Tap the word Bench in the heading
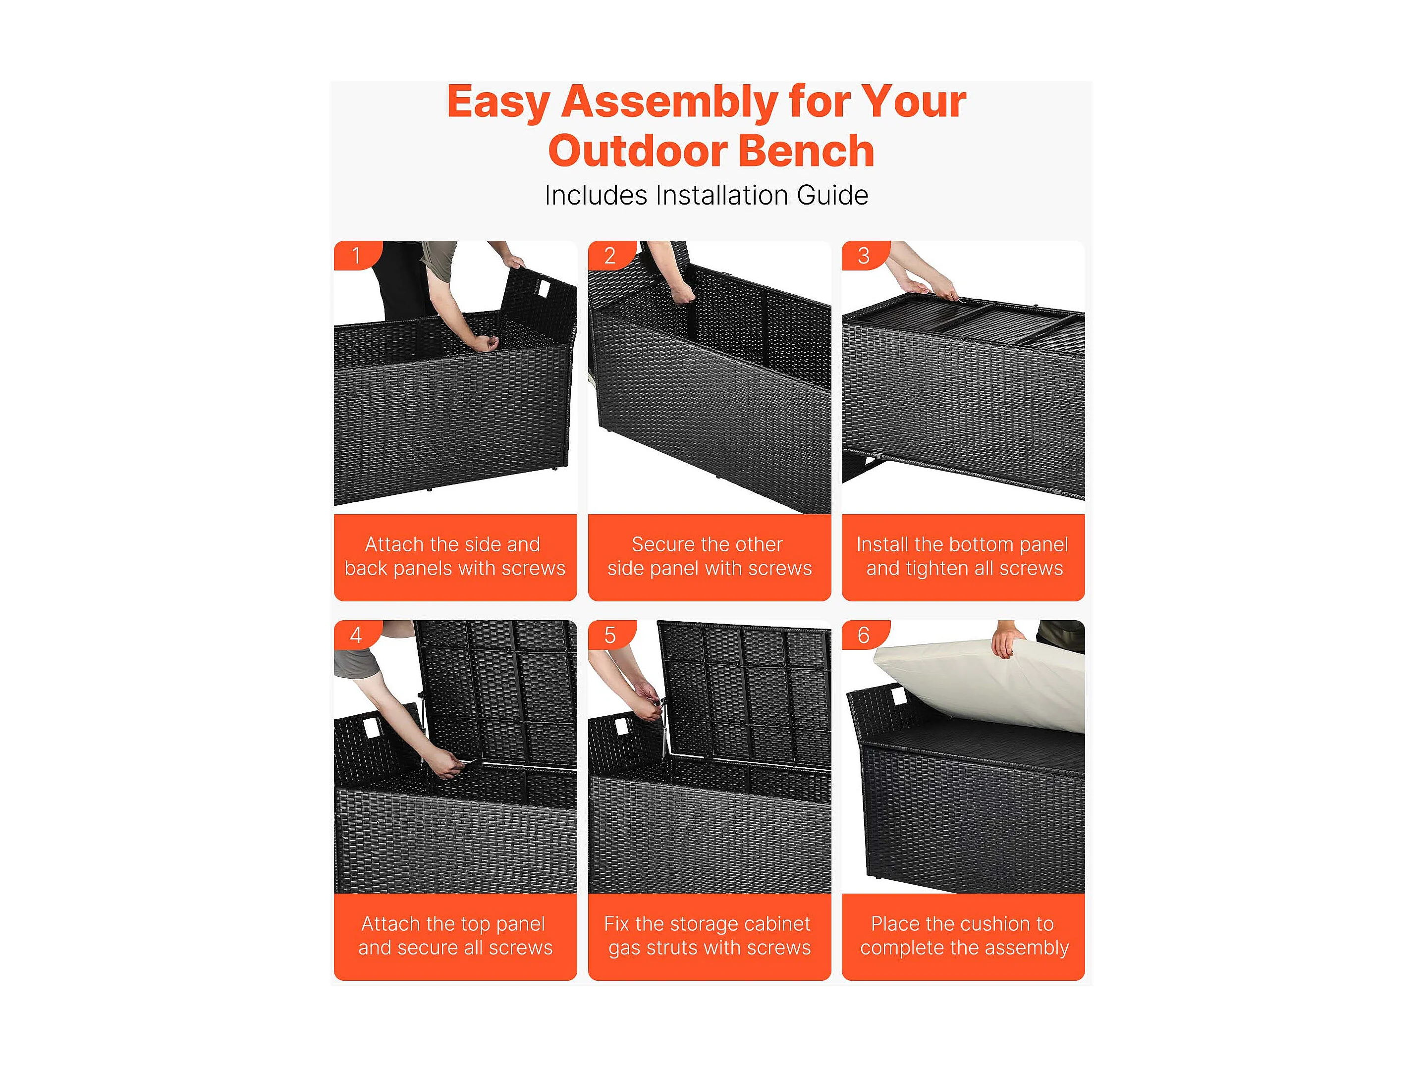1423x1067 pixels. [809, 151]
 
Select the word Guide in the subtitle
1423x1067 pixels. [832, 196]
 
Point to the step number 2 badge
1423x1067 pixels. [611, 255]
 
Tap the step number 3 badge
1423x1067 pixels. [865, 255]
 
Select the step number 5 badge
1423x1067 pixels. [611, 635]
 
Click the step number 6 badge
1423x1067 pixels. [865, 635]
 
